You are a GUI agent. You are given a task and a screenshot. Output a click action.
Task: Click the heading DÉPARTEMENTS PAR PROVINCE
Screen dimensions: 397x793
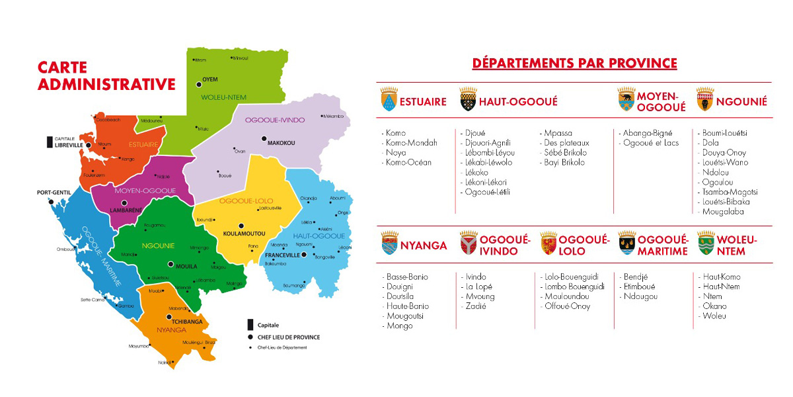[574, 64]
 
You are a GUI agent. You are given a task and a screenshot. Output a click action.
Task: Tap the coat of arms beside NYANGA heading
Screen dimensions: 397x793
[389, 245]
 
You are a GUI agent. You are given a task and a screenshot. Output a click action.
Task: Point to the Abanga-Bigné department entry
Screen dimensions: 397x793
[646, 133]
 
